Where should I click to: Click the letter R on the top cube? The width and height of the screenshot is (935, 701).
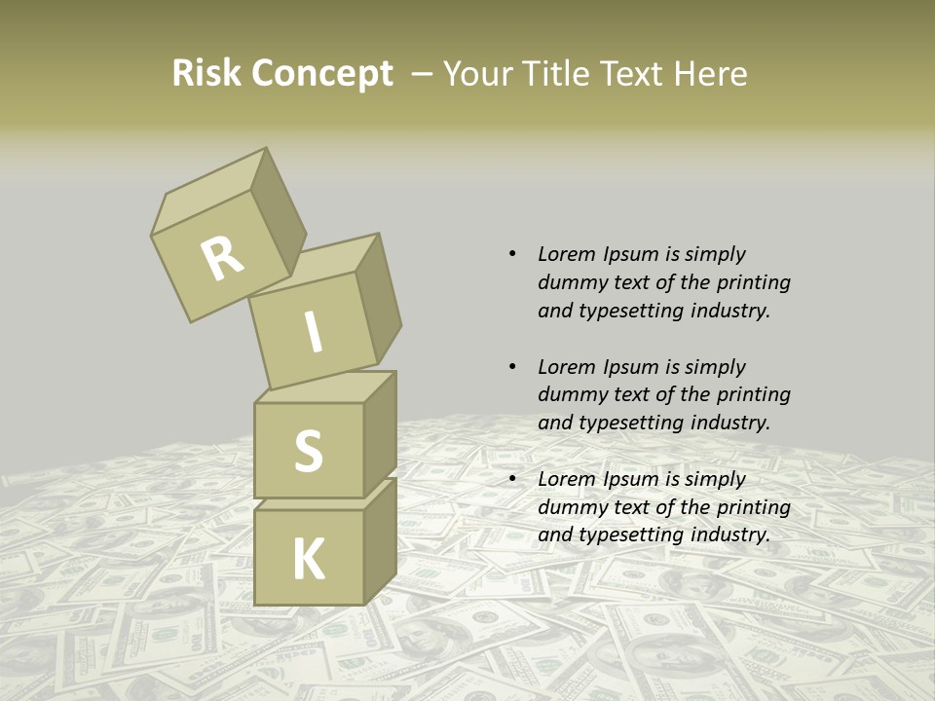[222, 258]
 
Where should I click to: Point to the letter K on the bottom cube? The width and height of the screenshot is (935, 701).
[308, 560]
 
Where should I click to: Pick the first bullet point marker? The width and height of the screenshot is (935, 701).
[512, 254]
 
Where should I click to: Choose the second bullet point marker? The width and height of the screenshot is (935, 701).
[512, 367]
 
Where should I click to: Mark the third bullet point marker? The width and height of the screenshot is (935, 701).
[512, 479]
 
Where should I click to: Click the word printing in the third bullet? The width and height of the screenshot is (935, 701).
[753, 506]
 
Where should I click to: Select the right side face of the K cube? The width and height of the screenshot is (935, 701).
[380, 540]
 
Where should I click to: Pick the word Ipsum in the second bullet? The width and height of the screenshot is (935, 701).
[631, 367]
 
